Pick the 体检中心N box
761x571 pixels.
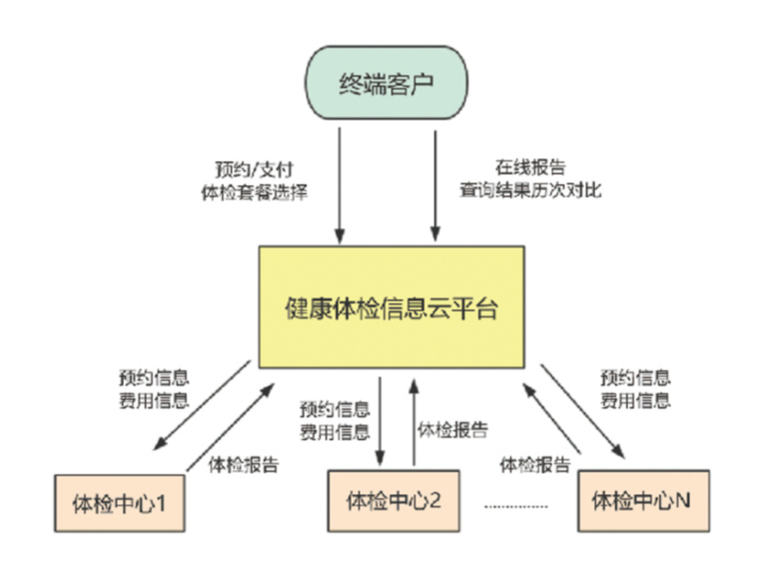(641, 499)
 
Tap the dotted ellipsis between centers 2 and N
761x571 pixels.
(516, 507)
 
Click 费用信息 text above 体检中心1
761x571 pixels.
(153, 400)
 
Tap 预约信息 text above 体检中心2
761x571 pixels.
(335, 409)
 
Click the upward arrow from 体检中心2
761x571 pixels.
(413, 420)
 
